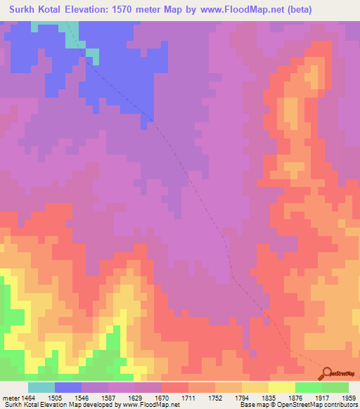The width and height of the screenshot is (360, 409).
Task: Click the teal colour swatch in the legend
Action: [x=41, y=387]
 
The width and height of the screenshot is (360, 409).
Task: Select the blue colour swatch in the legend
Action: [x=68, y=387]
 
